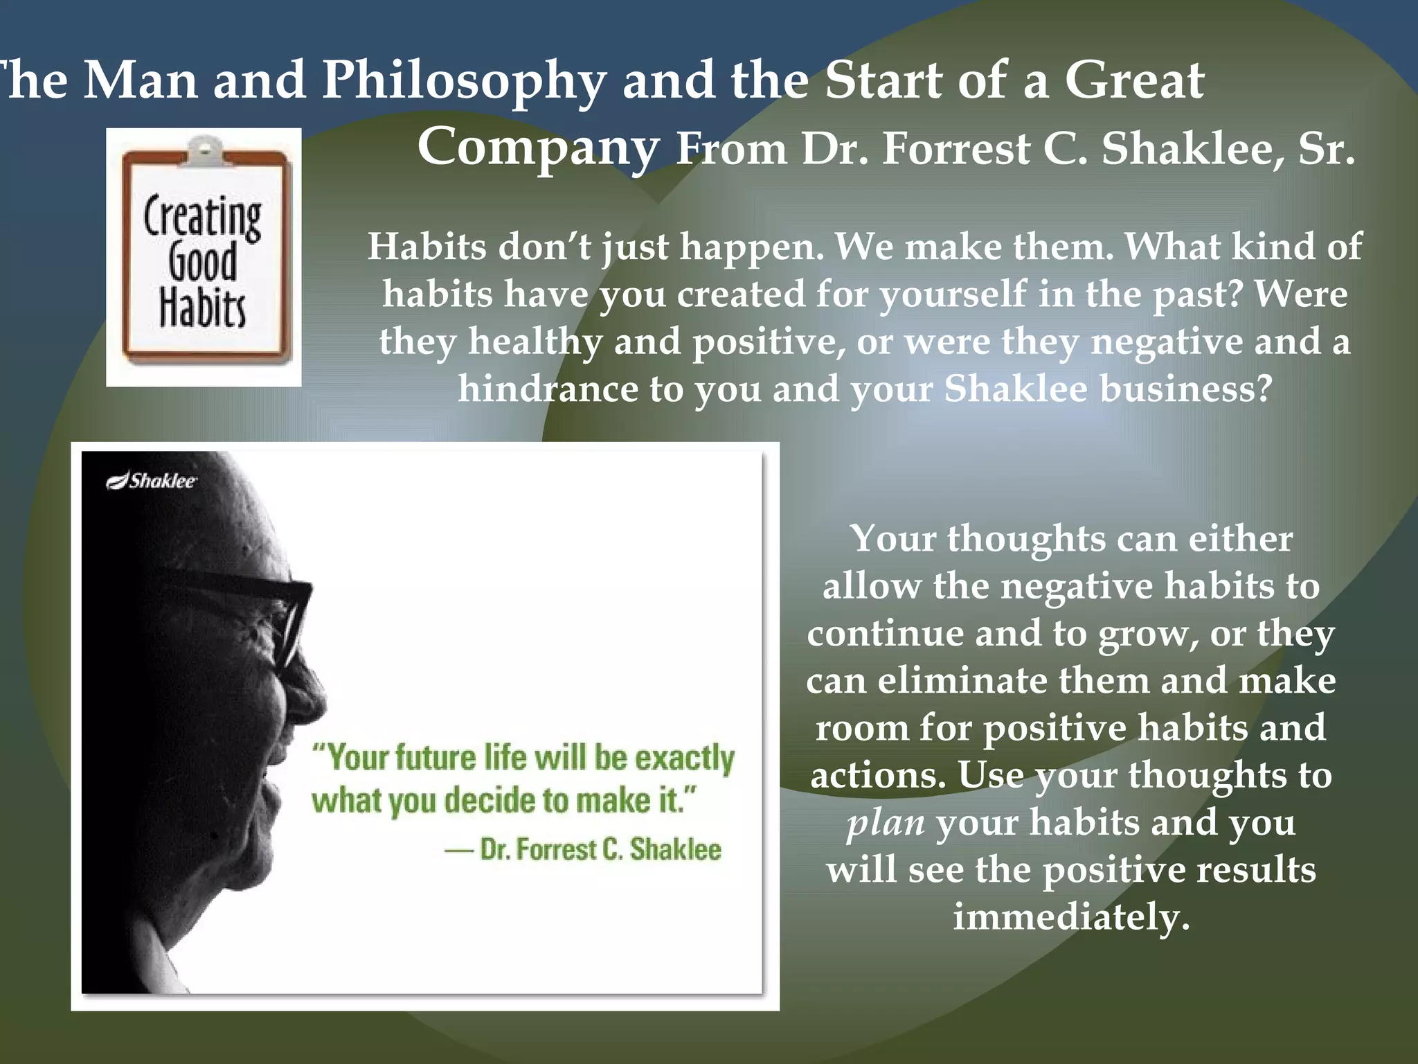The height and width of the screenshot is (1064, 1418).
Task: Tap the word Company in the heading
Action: coord(538,148)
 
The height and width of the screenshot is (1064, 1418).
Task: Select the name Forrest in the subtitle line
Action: coord(956,150)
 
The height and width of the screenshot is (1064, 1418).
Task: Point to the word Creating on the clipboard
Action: coord(202,218)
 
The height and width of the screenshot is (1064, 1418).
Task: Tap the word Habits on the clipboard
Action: coord(202,308)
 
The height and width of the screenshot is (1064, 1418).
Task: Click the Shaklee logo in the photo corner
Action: coord(152,481)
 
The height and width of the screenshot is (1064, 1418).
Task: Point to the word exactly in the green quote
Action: coord(684,758)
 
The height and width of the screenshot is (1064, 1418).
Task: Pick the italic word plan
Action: coord(886,823)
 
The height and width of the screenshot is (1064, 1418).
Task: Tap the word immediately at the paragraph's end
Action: coord(1071,917)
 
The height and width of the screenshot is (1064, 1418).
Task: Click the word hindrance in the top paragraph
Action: coord(548,389)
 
